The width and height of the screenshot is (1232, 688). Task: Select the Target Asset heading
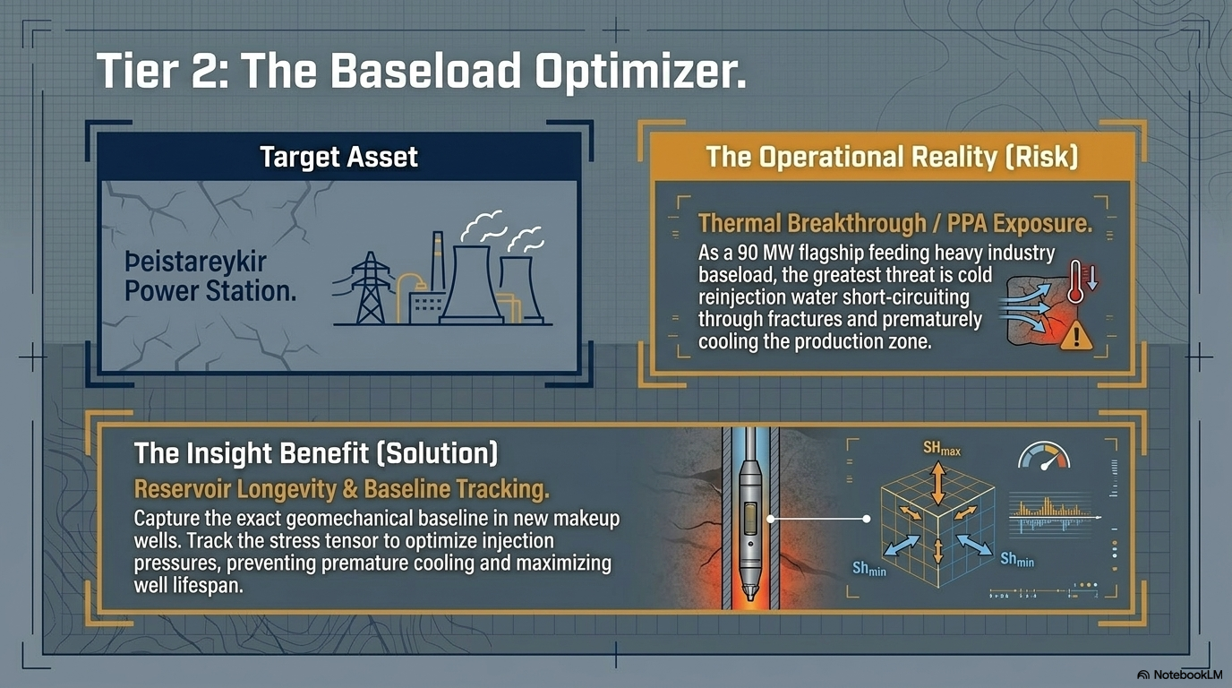tap(338, 157)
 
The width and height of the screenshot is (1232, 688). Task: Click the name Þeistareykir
tap(196, 262)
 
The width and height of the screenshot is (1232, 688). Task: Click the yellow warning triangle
tap(1076, 335)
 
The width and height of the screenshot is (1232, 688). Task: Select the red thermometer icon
tap(1075, 281)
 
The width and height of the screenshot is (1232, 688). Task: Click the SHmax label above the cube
tap(942, 449)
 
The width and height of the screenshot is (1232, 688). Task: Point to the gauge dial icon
tap(1044, 456)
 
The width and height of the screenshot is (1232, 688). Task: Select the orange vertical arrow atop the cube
tap(937, 484)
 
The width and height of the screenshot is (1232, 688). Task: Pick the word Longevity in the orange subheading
tap(286, 489)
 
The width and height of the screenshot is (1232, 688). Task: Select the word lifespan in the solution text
tap(208, 586)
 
